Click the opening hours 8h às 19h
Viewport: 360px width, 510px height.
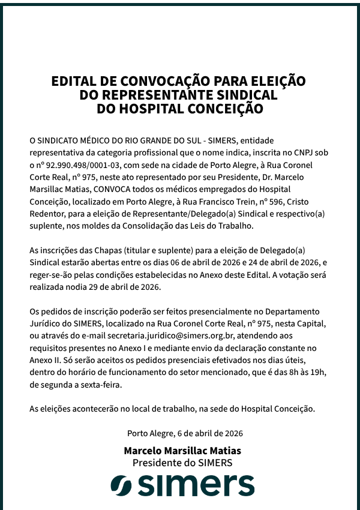click(308, 373)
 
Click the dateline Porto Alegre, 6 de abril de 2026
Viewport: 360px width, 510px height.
click(185, 433)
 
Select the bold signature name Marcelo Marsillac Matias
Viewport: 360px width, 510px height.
click(182, 451)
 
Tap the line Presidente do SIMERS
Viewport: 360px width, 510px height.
click(182, 463)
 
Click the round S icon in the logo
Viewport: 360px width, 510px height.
click(122, 485)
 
